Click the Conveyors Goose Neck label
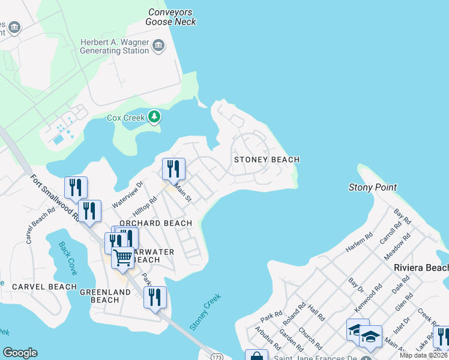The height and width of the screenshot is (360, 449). click(170, 17)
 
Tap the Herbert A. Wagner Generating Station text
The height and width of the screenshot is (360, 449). click(114, 46)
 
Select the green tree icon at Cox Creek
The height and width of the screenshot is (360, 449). click(155, 116)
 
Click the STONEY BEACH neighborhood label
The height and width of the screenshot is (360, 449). click(267, 160)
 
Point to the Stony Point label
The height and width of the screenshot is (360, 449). click(372, 188)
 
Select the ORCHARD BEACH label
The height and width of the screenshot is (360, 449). click(155, 223)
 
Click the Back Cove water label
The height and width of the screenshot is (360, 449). click(68, 258)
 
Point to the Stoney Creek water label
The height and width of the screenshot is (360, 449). click(205, 311)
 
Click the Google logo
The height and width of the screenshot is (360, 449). click(20, 353)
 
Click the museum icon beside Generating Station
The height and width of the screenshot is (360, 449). click(158, 46)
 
